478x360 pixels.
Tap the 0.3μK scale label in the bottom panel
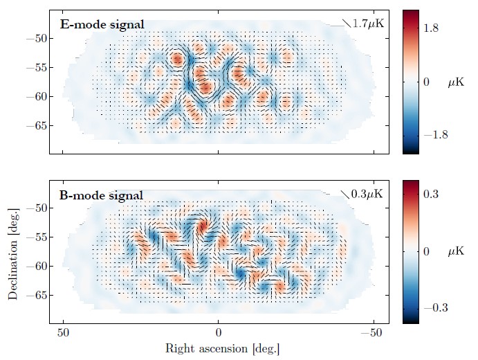click(x=367, y=194)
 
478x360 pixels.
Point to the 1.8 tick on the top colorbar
click(x=432, y=29)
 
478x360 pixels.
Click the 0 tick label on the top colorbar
click(x=427, y=82)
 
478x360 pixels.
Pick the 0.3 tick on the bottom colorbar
click(x=432, y=196)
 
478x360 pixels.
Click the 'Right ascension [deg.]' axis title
click(x=218, y=350)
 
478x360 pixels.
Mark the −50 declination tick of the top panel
click(x=35, y=38)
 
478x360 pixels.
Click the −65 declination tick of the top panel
click(x=35, y=125)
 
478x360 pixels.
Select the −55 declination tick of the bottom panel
click(x=35, y=237)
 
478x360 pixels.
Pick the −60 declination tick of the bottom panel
click(x=35, y=266)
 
